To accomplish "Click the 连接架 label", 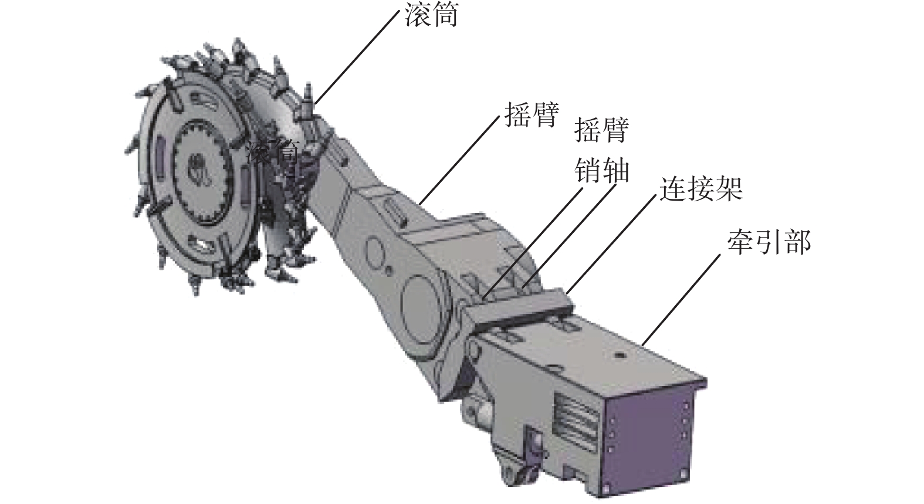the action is pyautogui.click(x=701, y=190).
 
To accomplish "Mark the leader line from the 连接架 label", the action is pyautogui.click(x=611, y=243).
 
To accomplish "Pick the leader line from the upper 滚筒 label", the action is pyautogui.click(x=357, y=57).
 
